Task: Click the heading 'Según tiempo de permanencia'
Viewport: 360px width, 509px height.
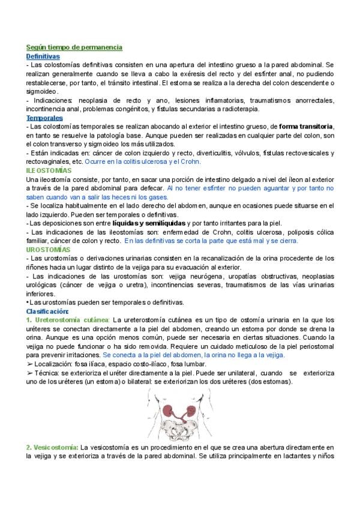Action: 74,46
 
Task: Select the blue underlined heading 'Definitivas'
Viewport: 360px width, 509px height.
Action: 43,55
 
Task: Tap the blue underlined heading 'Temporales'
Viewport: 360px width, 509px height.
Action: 45,118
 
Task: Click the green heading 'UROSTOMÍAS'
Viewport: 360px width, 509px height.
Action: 49,249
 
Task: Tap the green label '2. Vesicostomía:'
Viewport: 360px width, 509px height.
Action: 52,447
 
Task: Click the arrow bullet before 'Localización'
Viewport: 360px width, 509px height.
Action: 30,364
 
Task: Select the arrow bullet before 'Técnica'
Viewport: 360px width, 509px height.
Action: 30,373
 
